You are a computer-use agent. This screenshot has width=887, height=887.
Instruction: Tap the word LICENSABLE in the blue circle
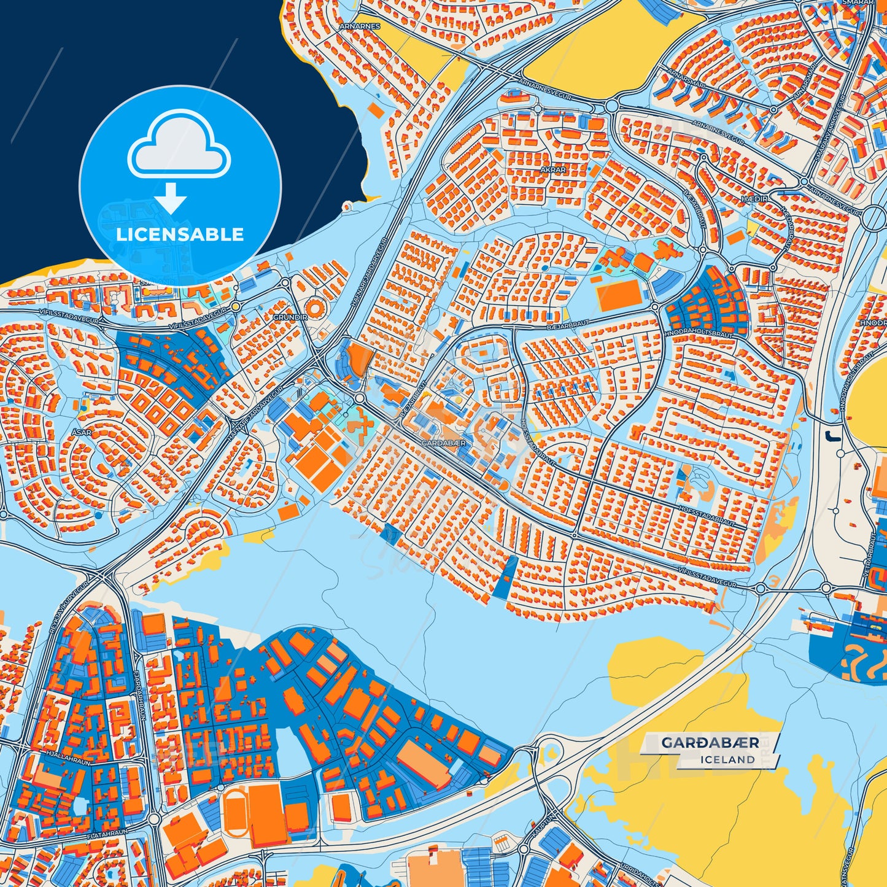click(180, 234)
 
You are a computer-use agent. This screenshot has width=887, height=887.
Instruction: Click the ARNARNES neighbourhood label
click(362, 26)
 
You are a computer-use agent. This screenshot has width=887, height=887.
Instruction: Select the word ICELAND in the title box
click(728, 759)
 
